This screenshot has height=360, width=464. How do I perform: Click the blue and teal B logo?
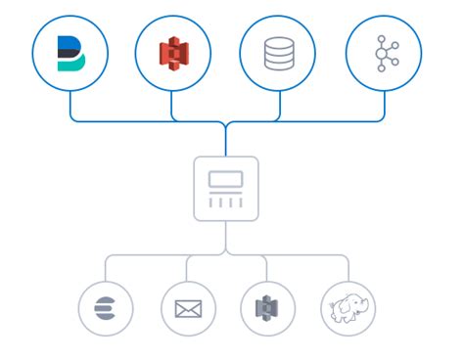point(70,54)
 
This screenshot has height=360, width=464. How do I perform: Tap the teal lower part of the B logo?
point(70,65)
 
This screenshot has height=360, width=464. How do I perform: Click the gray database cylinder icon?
point(279,54)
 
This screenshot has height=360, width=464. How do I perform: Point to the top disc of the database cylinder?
point(279,42)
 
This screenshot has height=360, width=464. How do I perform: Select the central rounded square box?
point(226,188)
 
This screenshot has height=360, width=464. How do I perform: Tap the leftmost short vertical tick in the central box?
point(212,202)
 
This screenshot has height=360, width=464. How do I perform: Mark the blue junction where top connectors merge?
point(226,125)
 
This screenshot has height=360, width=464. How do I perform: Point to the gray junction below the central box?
point(226,253)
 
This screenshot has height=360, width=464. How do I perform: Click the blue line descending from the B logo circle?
point(70,106)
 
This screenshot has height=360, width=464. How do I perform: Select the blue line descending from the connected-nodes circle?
point(384,106)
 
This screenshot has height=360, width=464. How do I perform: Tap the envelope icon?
point(187,308)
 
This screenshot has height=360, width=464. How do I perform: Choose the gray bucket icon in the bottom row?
point(267,308)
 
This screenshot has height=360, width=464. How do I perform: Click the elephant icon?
point(348,308)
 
